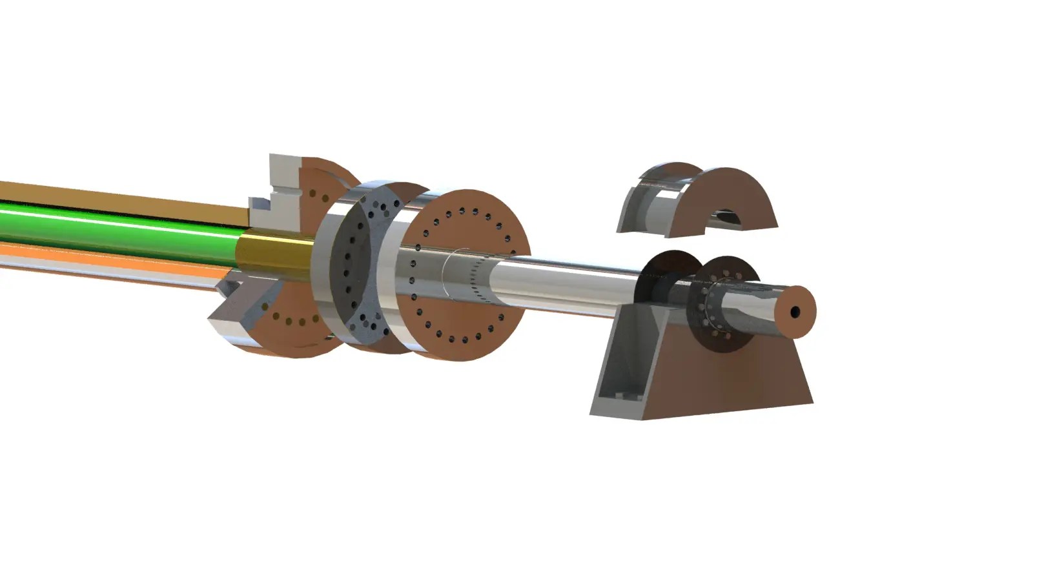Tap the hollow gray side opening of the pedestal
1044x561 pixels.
(620, 374)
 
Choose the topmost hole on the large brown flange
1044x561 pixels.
(462, 210)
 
